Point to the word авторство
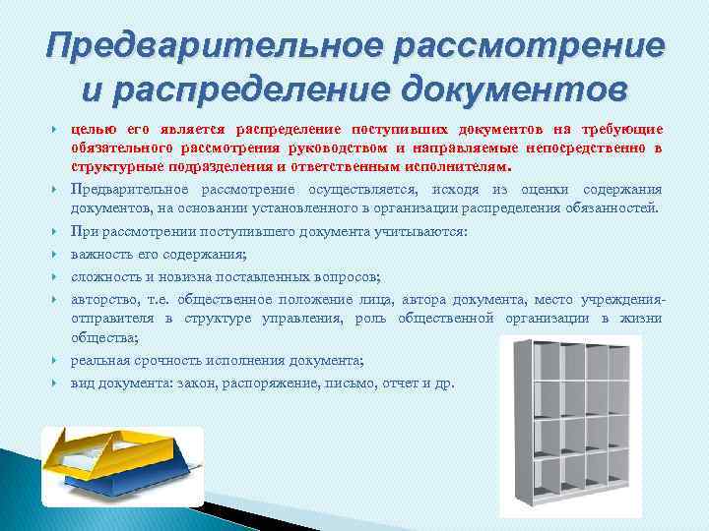pyautogui.click(x=104, y=299)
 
